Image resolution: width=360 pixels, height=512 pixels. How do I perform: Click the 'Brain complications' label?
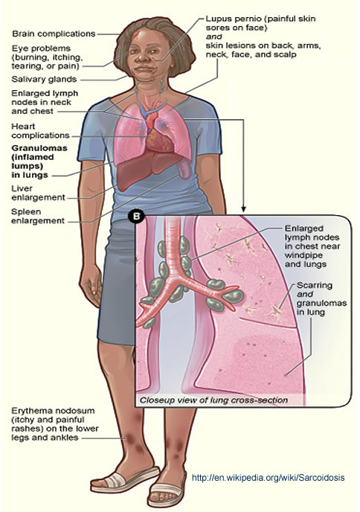tap(54, 33)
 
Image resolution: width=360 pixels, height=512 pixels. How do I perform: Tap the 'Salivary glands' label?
tap(44, 79)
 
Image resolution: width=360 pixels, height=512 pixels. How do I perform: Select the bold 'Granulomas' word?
tap(39, 148)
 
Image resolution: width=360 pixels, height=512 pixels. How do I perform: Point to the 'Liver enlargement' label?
tap(38, 193)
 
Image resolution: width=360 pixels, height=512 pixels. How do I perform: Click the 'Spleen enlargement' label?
tap(38, 216)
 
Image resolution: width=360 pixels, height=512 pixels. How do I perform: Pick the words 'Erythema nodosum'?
tap(53, 411)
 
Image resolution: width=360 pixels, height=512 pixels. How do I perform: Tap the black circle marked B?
tap(136, 216)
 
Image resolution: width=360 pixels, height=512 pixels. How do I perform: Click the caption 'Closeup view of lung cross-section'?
tap(213, 400)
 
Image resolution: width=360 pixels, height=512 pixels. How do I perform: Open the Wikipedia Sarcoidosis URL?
tap(269, 477)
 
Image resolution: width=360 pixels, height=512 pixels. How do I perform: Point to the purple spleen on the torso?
tap(184, 169)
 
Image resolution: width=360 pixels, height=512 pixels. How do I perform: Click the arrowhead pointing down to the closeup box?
tap(243, 209)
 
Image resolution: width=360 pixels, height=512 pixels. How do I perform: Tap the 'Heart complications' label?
tap(40, 131)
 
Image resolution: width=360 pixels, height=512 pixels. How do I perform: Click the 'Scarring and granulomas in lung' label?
tap(321, 298)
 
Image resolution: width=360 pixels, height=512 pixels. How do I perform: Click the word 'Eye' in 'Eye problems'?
tap(19, 48)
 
